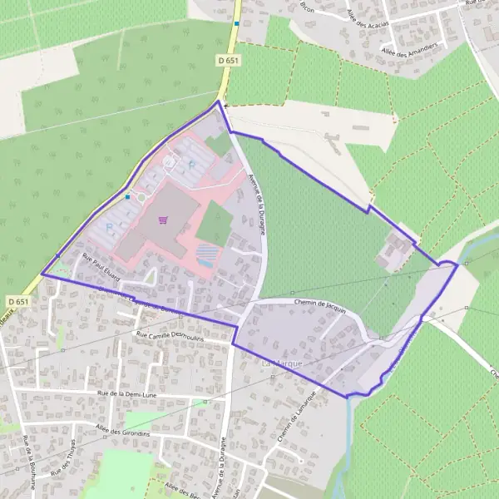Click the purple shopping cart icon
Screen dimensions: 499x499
click(163, 220)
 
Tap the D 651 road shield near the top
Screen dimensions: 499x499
click(227, 61)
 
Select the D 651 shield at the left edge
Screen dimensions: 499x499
click(17, 300)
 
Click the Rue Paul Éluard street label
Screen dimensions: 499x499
click(101, 266)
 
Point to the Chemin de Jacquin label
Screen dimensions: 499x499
click(320, 304)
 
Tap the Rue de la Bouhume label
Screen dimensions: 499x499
click(28, 457)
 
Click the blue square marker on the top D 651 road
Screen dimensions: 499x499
click(237, 24)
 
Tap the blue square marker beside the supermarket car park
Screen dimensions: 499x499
click(127, 197)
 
